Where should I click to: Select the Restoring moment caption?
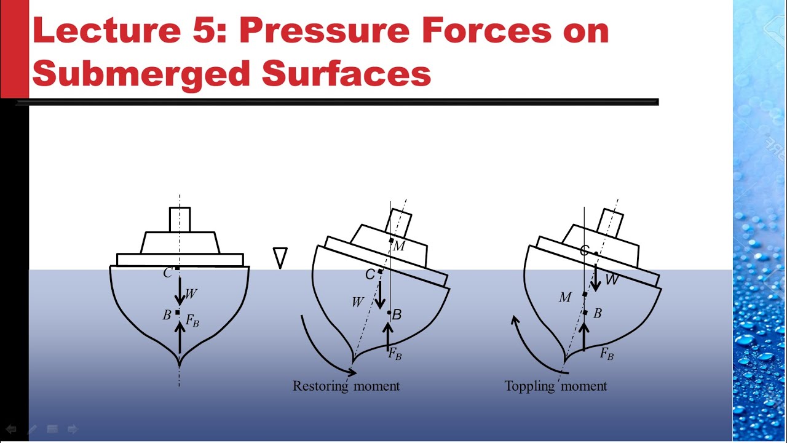(346, 386)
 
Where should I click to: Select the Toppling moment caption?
(556, 386)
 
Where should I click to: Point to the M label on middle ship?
(400, 246)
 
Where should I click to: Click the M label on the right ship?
(565, 298)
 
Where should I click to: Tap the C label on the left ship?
(167, 273)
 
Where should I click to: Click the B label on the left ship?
(167, 315)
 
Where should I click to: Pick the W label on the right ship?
(612, 280)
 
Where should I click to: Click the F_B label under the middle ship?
(395, 354)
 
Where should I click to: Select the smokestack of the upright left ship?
(180, 220)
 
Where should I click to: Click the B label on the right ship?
(597, 313)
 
